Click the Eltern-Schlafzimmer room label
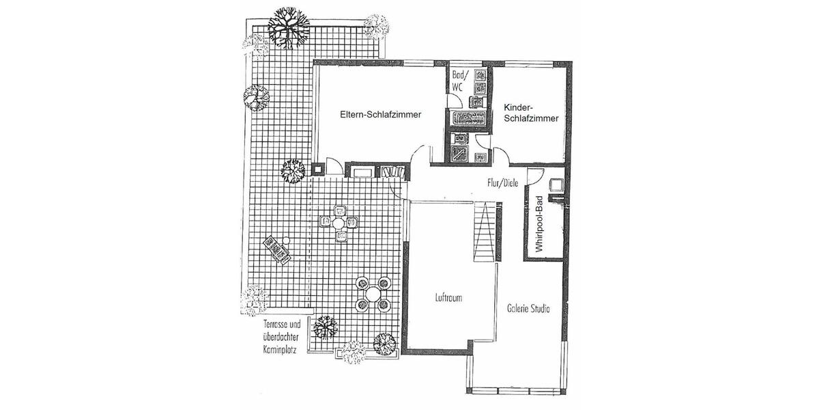pos(381,115)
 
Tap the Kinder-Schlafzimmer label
pos(532,113)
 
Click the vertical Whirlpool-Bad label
pos(538,225)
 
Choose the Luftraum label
pos(449,299)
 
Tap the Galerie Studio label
pos(528,308)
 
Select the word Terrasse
pos(272,325)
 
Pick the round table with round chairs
pos(373,294)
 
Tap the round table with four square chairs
pos(339,223)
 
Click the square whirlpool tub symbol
pos(554,184)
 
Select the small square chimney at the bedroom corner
pos(317,168)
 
